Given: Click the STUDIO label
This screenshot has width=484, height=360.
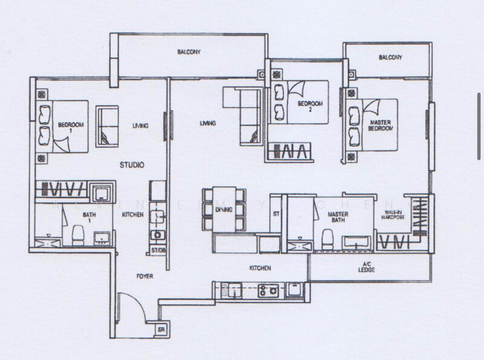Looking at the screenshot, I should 131,164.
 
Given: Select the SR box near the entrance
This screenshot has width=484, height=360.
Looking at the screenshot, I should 162,329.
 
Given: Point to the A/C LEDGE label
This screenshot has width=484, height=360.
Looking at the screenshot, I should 366,267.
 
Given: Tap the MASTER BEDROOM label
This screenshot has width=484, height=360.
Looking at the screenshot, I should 381,125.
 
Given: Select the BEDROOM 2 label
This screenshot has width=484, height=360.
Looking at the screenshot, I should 310,106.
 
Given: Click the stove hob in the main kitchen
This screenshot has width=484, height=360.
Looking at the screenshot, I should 268,290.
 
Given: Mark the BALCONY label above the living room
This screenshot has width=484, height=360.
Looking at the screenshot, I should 189,52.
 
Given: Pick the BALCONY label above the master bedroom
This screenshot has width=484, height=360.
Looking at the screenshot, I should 390,57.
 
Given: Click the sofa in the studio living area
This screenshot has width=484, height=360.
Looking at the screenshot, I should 108,125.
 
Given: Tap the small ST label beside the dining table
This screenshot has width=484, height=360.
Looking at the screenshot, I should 276,214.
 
